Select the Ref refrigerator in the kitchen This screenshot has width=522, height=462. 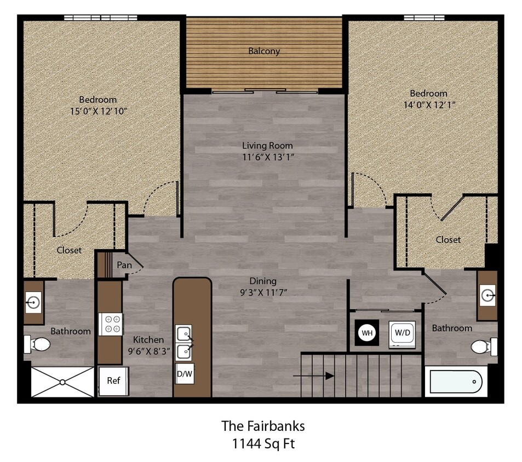[x=113, y=380]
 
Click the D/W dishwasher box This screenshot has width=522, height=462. [x=185, y=374]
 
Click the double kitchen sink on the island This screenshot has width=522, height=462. [x=185, y=343]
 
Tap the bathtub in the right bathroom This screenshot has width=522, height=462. [x=456, y=381]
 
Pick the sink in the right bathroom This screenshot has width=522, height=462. [x=487, y=296]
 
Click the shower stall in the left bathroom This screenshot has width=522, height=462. [x=62, y=382]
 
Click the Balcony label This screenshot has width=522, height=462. [x=264, y=51]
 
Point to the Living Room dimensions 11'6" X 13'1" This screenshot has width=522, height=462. [x=267, y=157]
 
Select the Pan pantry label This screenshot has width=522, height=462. [x=124, y=265]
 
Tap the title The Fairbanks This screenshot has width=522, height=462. [x=263, y=425]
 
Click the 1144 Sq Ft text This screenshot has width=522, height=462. [x=263, y=443]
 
